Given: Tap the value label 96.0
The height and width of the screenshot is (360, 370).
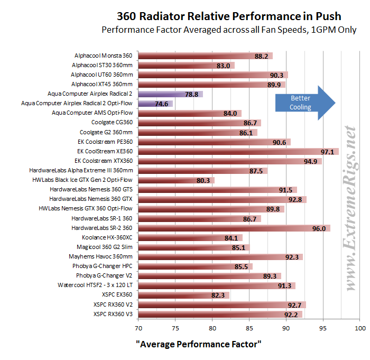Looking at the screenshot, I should pos(319,228).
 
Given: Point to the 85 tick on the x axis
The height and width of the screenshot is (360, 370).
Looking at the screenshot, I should pos(249,328).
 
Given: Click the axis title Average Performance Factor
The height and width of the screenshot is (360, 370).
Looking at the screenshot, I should pos(198,344).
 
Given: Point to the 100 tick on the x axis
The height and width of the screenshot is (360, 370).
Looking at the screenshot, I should pos(360,328).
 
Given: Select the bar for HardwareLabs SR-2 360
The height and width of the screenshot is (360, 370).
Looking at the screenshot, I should pos(227,228).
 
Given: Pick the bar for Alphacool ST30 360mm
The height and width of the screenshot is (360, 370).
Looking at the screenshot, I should pos(180,66).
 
